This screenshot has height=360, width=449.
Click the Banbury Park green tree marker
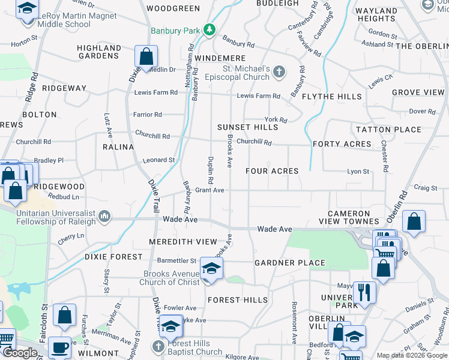[209, 30]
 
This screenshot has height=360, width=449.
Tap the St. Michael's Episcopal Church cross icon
[279, 72]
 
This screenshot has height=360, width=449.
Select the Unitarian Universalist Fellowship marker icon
[104, 215]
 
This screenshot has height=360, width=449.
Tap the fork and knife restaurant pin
[364, 293]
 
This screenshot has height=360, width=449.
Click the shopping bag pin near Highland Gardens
[146, 57]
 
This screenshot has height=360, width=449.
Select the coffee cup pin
[59, 347]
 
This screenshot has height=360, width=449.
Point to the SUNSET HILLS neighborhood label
[248, 127]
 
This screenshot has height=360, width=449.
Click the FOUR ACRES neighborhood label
[272, 171]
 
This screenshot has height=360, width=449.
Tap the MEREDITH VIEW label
[183, 242]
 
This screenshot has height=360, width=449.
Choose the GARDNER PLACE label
[289, 263]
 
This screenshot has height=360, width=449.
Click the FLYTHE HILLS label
[332, 97]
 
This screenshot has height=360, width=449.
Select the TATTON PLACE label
[389, 130]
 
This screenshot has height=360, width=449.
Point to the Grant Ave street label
[209, 190]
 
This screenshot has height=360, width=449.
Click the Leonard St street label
[158, 160]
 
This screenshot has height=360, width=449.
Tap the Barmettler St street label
[176, 261]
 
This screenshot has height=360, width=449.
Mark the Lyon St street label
[358, 172]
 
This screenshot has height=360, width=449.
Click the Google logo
[20, 353]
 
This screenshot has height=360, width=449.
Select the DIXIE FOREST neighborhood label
[113, 257]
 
